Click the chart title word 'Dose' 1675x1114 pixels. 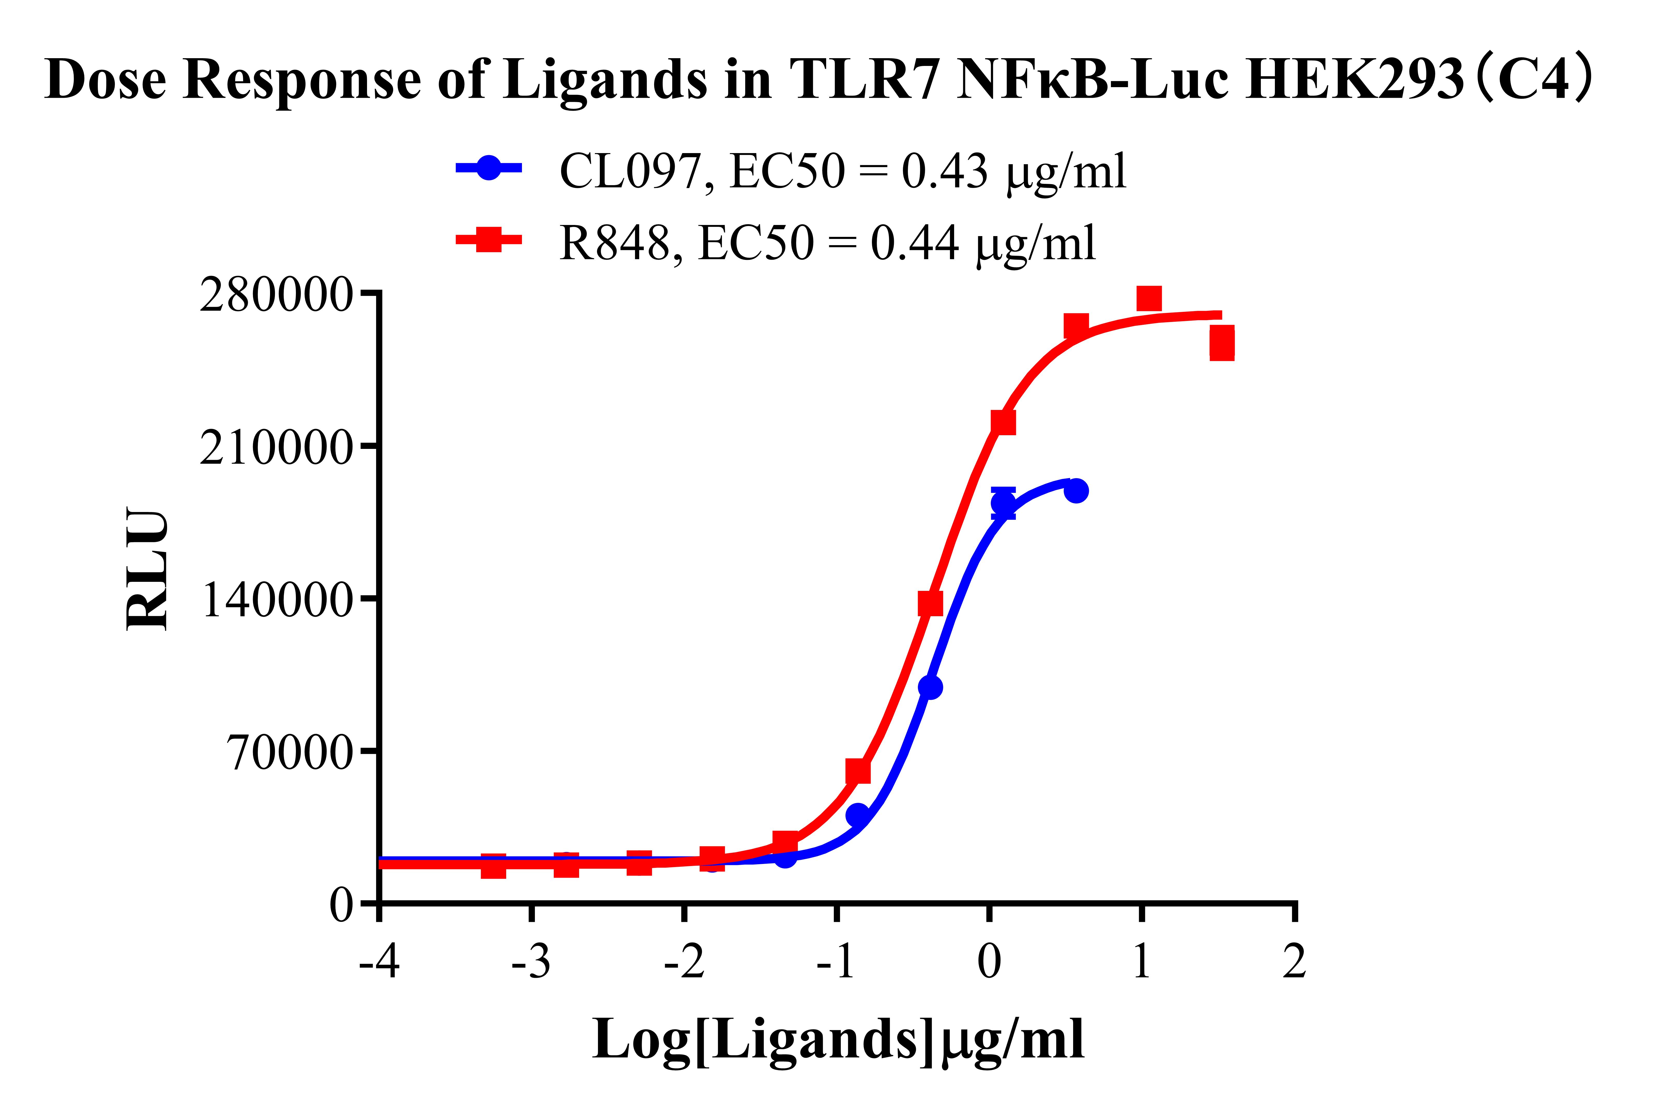pos(105,80)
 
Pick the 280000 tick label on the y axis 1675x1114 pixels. pos(276,295)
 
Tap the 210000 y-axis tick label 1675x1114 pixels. pos(276,448)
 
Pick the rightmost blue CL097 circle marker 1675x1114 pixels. pos(1077,490)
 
